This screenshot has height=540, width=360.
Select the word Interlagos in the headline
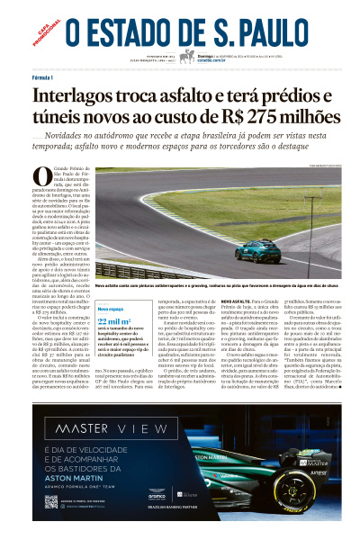pyautogui.click(x=80, y=96)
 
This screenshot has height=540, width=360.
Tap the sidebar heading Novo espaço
pyautogui.click(x=111, y=308)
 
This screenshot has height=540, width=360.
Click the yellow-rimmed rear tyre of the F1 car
pyautogui.click(x=315, y=493)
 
